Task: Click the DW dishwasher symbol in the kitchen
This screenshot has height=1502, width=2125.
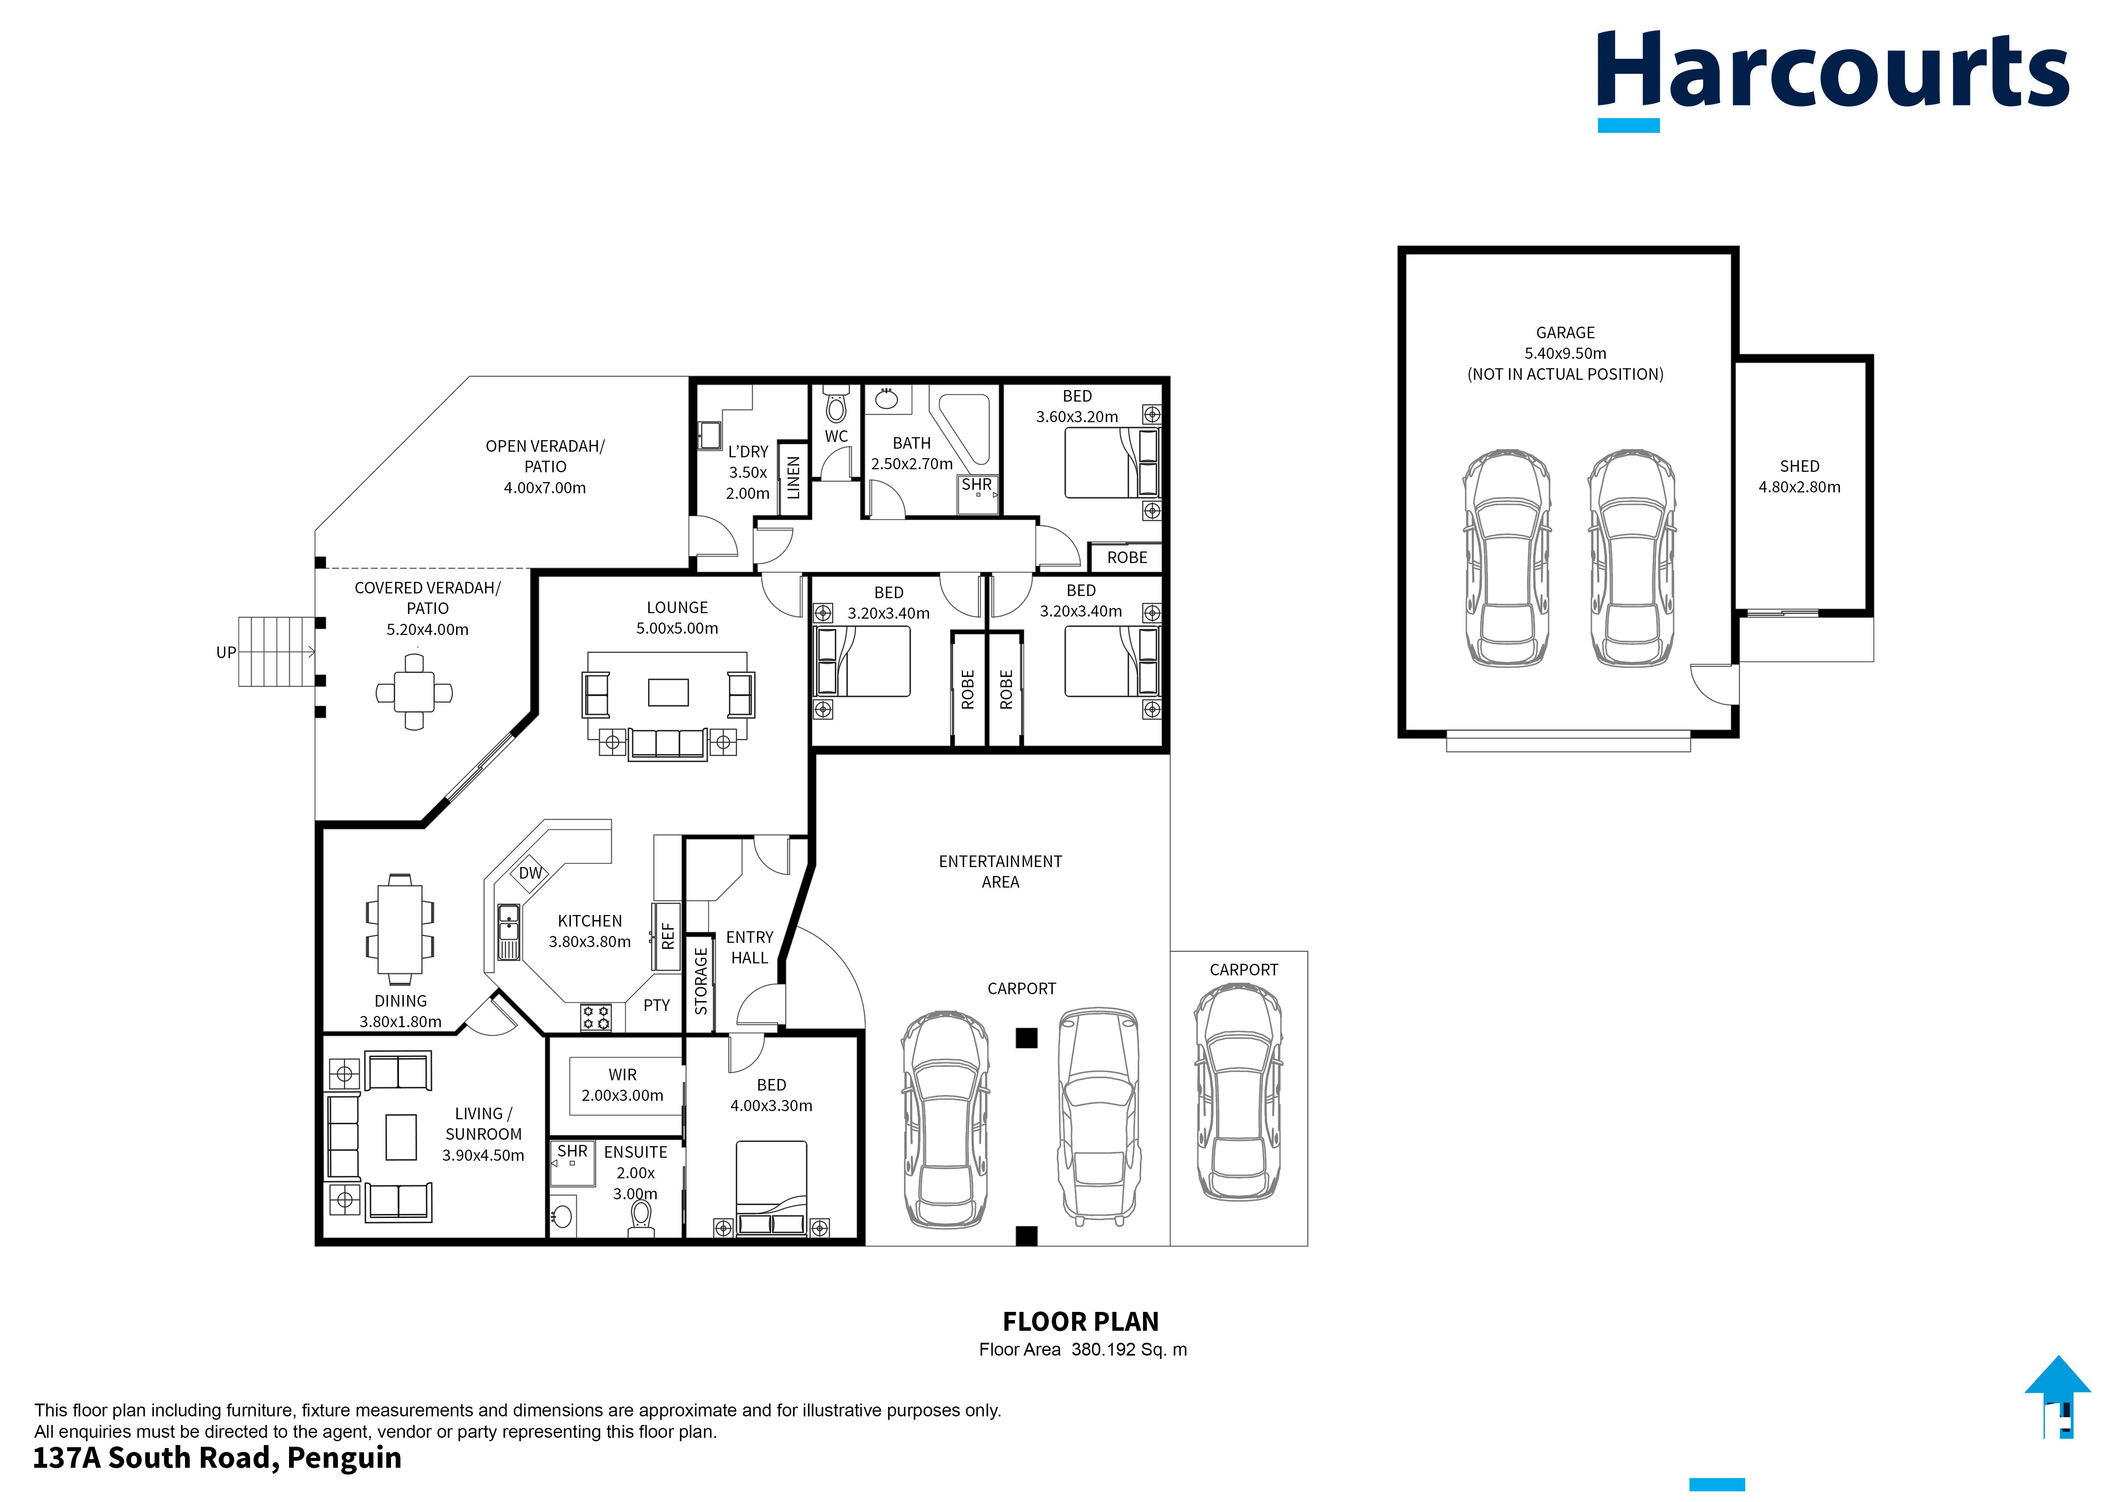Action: [x=530, y=873]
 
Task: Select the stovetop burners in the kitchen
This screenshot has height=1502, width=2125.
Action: [x=596, y=1017]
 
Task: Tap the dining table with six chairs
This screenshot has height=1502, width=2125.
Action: [x=400, y=928]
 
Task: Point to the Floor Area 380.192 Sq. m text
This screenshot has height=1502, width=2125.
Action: [x=1082, y=1349]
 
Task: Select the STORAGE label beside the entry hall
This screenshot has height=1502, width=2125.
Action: [x=701, y=981]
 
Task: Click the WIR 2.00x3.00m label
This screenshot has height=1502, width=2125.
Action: [x=622, y=1085]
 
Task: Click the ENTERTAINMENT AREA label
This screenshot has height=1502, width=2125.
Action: [x=1000, y=871]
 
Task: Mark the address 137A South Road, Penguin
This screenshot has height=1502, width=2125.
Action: [x=218, y=1457]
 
